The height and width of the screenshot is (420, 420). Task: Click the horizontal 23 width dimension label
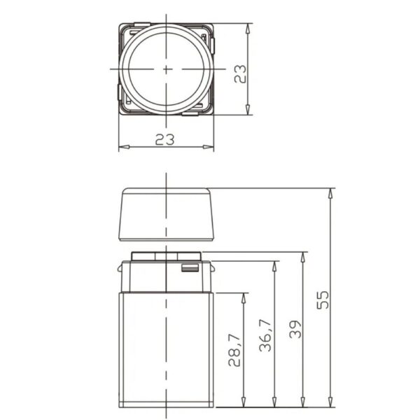(x=164, y=139)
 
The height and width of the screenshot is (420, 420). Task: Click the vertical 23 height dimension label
(x=240, y=74)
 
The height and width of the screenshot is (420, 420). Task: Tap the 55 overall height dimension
(x=323, y=300)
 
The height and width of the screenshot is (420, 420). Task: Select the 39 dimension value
(x=295, y=329)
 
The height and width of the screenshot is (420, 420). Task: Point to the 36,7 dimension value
(x=266, y=335)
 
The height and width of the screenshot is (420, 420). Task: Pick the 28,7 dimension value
(x=234, y=350)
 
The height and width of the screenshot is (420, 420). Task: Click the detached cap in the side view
(x=167, y=214)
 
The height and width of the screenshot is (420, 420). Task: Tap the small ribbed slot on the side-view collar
(x=190, y=268)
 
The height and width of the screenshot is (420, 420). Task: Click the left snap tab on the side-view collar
(x=120, y=268)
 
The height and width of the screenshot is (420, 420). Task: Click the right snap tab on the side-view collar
(x=212, y=268)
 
